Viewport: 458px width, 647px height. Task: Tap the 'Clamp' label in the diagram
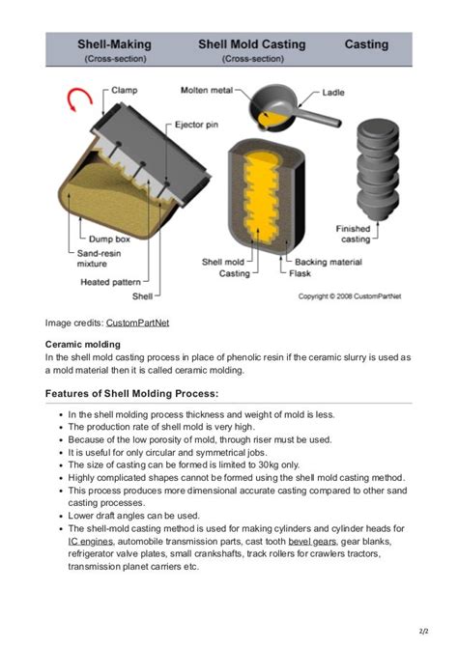pyautogui.click(x=124, y=90)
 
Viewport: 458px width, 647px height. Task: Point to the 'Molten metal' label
pyautogui.click(x=207, y=90)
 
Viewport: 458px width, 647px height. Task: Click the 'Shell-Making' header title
pyautogui.click(x=115, y=44)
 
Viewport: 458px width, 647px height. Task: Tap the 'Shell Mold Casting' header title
pyautogui.click(x=251, y=44)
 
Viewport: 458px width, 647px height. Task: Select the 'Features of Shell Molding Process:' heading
pyautogui.click(x=132, y=393)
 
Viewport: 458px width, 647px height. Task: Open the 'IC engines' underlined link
pyautogui.click(x=90, y=541)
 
